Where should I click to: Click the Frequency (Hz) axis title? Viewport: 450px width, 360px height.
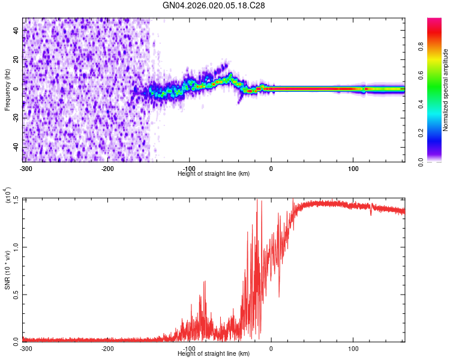tap(8, 89)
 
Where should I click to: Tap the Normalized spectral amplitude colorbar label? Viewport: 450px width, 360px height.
tap(446, 90)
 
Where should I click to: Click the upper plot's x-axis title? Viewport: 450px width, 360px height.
tap(214, 173)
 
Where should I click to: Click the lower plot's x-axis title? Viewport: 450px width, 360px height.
tap(214, 354)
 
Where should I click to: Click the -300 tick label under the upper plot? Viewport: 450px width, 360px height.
tap(25, 168)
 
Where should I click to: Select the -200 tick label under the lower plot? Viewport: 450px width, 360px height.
tap(107, 349)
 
